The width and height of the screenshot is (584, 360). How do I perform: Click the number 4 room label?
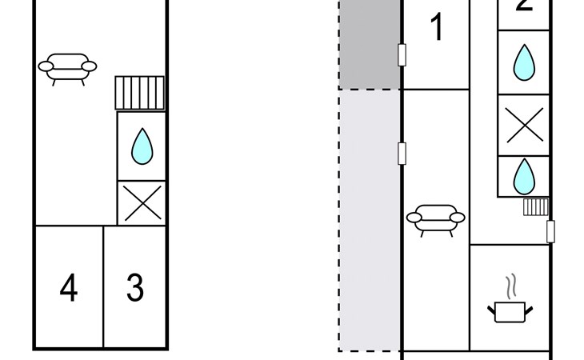click(69, 288)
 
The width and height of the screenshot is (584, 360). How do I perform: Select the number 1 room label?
click(436, 28)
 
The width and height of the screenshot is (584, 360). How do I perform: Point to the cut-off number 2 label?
click(524, 6)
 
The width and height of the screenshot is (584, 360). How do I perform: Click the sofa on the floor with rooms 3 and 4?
click(67, 67)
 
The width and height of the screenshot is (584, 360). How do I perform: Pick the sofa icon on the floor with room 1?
click(435, 219)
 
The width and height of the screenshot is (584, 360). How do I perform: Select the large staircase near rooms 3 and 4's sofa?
click(140, 93)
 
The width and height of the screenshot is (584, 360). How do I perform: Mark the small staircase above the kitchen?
click(534, 208)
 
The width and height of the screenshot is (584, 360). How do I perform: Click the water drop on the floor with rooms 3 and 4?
click(142, 146)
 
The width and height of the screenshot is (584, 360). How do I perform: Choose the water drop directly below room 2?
click(524, 62)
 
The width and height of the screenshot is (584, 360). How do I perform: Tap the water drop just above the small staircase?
click(524, 176)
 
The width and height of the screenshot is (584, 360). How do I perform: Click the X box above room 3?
click(142, 203)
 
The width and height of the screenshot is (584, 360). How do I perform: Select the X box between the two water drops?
click(524, 126)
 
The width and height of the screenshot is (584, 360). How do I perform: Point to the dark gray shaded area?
click(369, 44)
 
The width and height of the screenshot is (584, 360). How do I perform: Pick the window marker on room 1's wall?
click(402, 55)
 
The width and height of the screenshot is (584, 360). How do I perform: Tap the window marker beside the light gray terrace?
click(402, 153)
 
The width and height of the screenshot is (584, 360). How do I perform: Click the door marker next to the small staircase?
click(550, 231)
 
